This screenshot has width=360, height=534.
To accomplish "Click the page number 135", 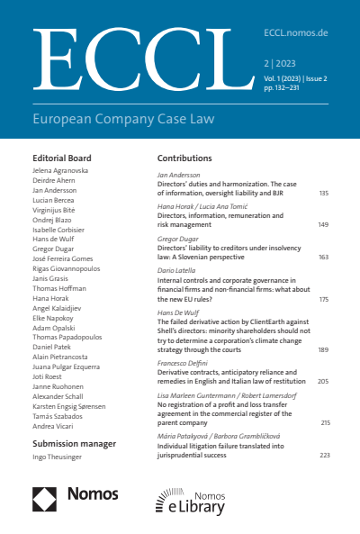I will [x=323, y=194].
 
